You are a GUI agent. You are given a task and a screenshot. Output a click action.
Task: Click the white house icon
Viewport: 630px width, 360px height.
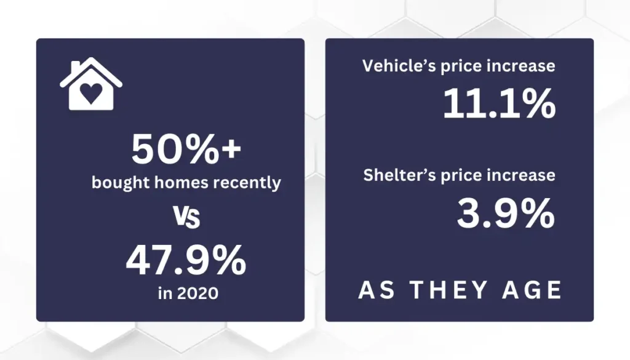click(x=91, y=84)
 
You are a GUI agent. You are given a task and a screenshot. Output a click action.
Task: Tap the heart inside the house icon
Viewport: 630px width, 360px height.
click(x=91, y=93)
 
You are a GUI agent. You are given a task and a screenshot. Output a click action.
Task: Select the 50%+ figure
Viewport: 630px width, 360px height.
click(x=186, y=150)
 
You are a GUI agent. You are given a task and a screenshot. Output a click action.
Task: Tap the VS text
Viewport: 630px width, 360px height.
click(x=186, y=217)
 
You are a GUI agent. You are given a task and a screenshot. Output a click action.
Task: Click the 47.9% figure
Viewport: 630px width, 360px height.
click(x=186, y=261)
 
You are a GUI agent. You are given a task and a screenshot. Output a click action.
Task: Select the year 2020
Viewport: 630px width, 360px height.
click(x=197, y=294)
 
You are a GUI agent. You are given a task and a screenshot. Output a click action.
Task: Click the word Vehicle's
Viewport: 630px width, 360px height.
click(x=399, y=66)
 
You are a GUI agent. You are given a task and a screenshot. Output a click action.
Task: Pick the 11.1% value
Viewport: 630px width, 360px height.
click(x=500, y=103)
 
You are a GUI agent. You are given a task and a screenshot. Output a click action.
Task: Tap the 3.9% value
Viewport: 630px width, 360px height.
click(x=506, y=214)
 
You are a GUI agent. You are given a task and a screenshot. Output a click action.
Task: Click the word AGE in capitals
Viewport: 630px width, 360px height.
click(x=532, y=290)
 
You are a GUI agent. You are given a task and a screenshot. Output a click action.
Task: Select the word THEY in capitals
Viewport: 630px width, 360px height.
click(x=449, y=290)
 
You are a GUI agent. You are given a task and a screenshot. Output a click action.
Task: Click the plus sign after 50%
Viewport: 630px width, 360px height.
click(x=231, y=149)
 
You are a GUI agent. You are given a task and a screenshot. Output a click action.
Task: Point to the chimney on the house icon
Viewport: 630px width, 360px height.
click(x=76, y=67)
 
